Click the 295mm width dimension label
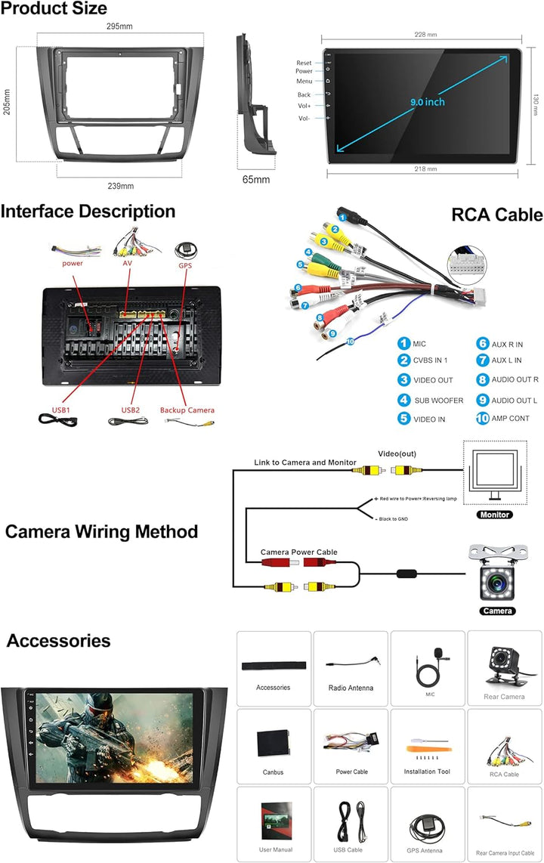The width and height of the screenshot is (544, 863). click(119, 27)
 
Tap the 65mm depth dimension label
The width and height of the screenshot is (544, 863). click(256, 180)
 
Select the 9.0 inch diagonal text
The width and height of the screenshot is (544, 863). click(428, 102)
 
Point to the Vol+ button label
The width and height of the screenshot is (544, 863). click(304, 107)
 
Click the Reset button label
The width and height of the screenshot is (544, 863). click(304, 63)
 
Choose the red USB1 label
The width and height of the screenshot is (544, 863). click(61, 410)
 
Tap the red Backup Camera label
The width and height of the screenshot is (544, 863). click(187, 410)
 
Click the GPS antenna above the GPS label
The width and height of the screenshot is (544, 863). click(185, 249)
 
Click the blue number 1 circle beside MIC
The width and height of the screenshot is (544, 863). click(404, 344)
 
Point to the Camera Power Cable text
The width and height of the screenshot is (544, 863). click(299, 552)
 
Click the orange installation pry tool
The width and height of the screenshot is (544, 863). click(426, 750)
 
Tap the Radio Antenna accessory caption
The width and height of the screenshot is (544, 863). click(351, 688)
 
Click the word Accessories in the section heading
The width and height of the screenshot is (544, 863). click(59, 641)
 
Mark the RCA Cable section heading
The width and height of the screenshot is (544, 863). click(496, 215)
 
